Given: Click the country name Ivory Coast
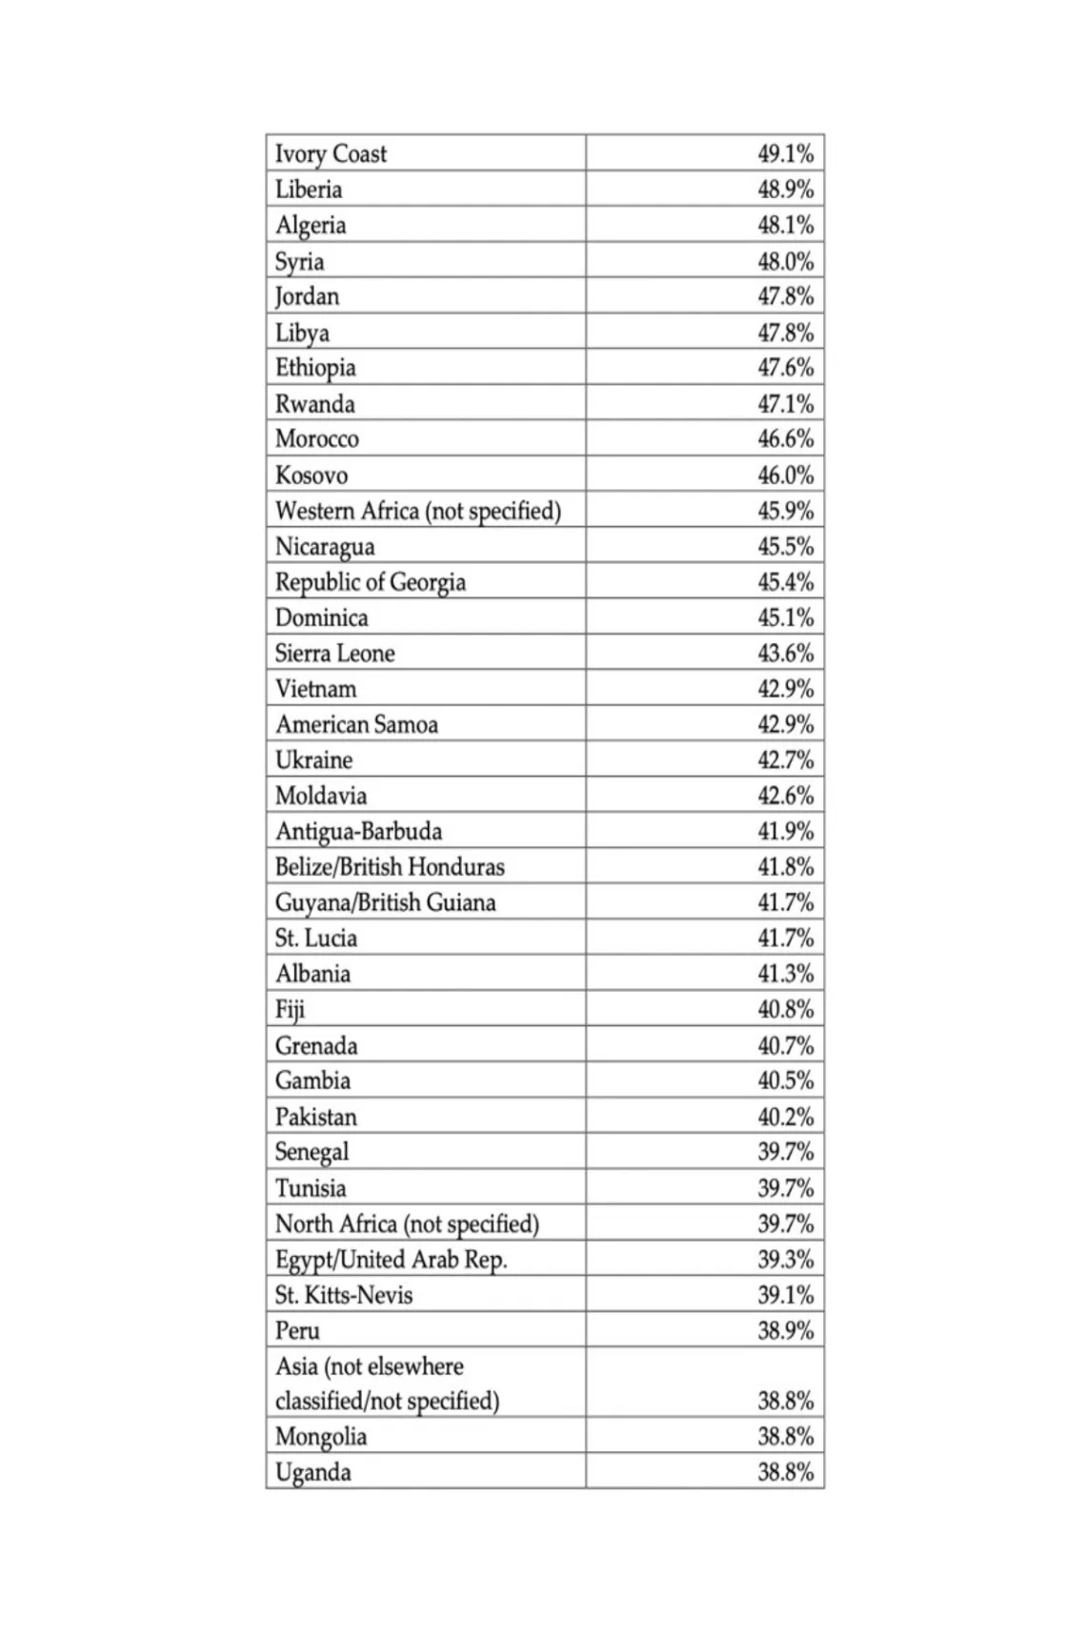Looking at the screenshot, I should (331, 153).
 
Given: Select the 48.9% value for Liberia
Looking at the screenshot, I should (785, 189).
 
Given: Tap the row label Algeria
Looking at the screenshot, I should (311, 225).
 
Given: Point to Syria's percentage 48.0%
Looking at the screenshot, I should (785, 261).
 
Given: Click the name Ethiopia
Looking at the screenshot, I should (315, 368).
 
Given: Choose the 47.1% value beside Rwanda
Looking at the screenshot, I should (785, 404).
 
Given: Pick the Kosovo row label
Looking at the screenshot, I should (312, 475).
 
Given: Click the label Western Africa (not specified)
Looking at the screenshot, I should (417, 511).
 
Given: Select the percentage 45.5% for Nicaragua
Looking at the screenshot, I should (785, 546).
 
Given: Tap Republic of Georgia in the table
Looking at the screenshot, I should (370, 582).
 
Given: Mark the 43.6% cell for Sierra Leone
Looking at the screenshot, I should (785, 653).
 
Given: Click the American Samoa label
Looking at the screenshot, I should (356, 724).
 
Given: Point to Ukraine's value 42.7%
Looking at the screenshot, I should (785, 759).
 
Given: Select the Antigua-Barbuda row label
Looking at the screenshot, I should (358, 831).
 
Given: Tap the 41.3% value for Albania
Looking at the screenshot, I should (785, 973).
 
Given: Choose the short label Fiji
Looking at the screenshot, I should (290, 1009).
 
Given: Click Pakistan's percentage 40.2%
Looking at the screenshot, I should (785, 1116).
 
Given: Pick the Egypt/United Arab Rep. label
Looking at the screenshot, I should (391, 1259).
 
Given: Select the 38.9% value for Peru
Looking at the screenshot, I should (785, 1330).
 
